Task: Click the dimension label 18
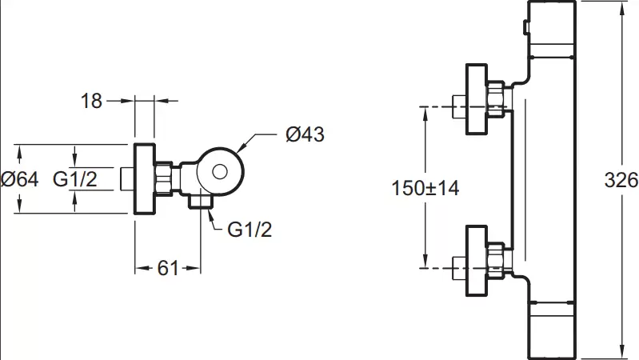[x=92, y=101]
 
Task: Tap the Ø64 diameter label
[x=19, y=179]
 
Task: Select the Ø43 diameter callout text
[x=305, y=135]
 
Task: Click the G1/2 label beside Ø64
[x=75, y=179]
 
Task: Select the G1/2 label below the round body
[x=250, y=230]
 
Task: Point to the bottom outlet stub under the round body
[x=201, y=201]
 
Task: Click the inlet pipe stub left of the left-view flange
[x=126, y=178]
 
